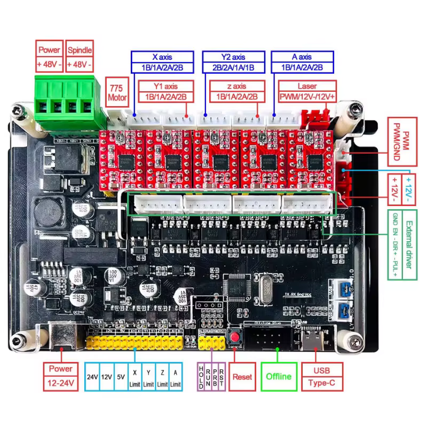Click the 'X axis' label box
(162, 57)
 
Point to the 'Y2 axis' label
(232, 57)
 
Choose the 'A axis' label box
(302, 57)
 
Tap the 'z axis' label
(236, 86)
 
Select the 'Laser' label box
(307, 86)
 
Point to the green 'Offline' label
(279, 376)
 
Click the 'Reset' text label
(242, 376)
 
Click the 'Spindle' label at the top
(80, 50)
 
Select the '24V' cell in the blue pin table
(92, 377)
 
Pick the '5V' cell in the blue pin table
(121, 377)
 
